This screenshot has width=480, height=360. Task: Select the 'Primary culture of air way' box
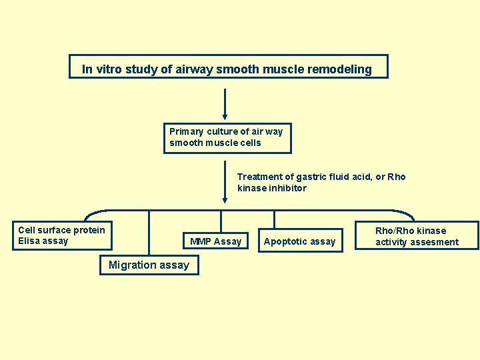227,137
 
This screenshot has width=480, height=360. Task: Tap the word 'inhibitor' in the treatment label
287,188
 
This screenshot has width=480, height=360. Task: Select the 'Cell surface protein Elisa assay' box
63,235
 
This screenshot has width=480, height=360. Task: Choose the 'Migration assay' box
149,265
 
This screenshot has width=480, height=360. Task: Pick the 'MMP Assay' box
215,241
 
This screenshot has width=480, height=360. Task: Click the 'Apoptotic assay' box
299,241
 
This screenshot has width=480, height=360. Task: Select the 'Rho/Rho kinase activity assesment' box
417,236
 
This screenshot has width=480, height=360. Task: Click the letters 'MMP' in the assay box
201,241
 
